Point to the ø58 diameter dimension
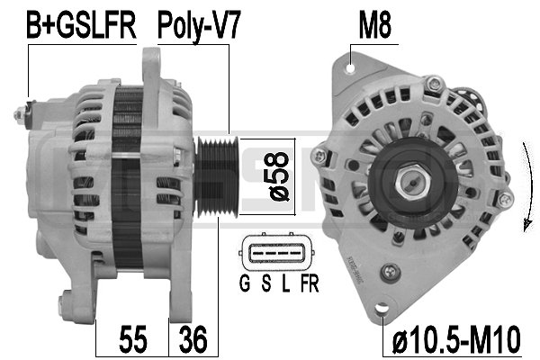pos(279,176)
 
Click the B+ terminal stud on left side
pos(20,114)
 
